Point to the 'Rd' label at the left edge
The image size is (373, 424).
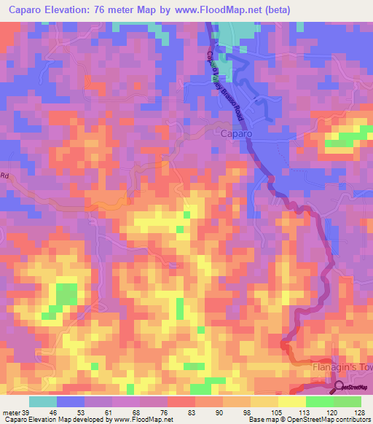tap(4, 176)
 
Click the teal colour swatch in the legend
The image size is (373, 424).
tap(43, 401)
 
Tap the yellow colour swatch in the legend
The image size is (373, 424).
tap(292, 401)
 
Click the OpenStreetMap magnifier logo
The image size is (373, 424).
tap(339, 387)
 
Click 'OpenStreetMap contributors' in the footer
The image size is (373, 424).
tap(331, 420)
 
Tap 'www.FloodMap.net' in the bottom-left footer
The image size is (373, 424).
tap(144, 420)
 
